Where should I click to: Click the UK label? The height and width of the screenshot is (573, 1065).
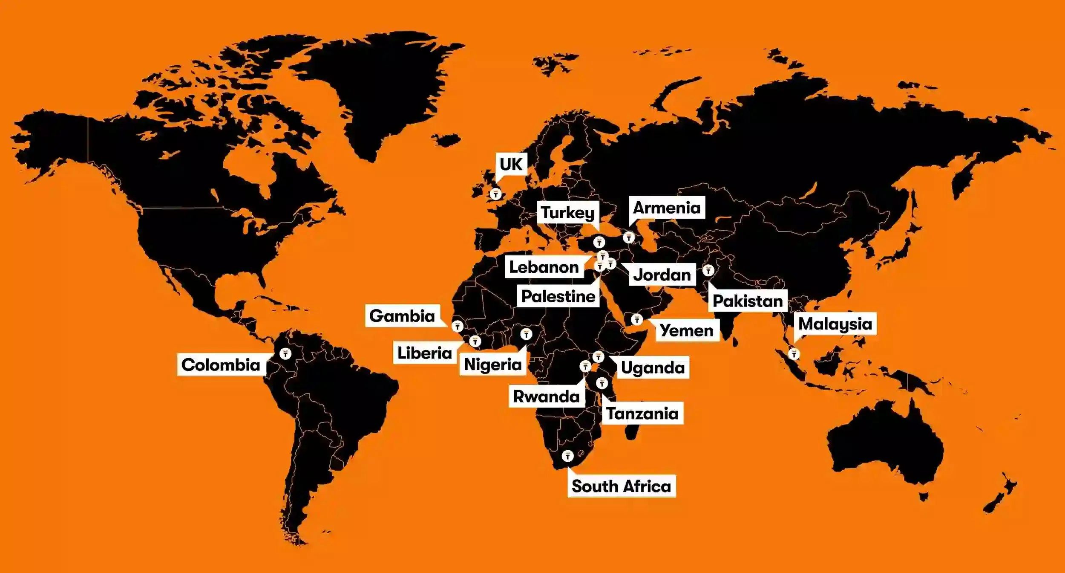click(511, 164)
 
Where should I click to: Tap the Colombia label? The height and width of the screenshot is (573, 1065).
click(221, 365)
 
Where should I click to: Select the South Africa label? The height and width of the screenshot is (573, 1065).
click(621, 486)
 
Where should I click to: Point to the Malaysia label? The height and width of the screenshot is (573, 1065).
click(835, 324)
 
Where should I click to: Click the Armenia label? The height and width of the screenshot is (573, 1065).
click(667, 208)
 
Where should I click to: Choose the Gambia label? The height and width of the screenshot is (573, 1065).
click(402, 316)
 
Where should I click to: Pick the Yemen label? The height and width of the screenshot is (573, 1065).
click(686, 330)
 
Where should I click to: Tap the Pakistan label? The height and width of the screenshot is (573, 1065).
click(748, 301)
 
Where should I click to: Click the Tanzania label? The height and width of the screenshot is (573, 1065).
click(642, 413)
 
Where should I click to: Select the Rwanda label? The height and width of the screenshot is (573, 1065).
click(546, 396)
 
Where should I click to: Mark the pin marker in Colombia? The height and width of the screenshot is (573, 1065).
click(285, 353)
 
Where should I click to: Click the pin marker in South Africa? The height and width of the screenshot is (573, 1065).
click(567, 456)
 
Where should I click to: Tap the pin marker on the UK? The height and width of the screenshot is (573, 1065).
click(495, 194)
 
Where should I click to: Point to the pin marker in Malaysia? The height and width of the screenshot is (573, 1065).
click(794, 354)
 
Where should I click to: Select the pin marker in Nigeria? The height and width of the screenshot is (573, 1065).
click(526, 334)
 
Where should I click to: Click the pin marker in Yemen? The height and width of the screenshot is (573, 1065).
click(636, 319)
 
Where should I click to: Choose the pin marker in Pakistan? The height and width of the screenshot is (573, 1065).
click(708, 270)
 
